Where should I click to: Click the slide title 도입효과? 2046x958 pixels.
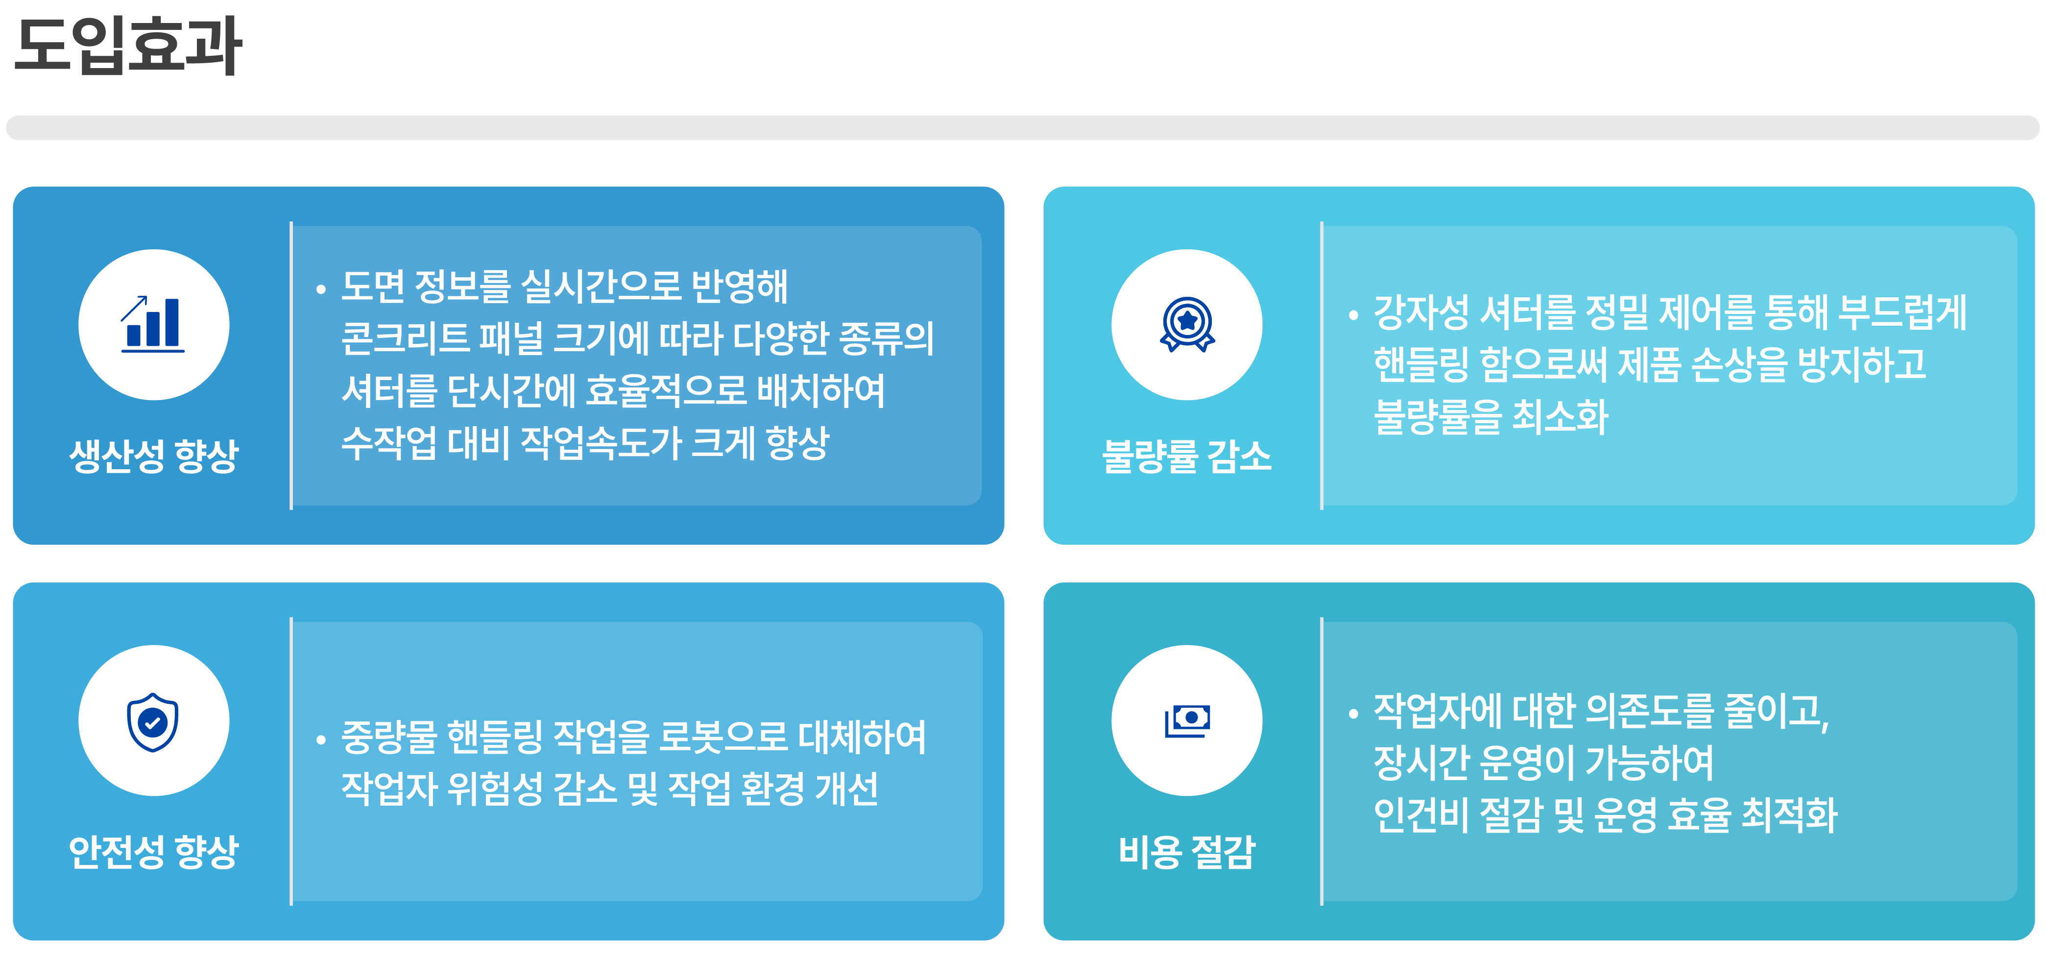coord(128,45)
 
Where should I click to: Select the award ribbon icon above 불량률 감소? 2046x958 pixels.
coord(1187,324)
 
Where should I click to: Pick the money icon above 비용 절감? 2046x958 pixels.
coord(1187,720)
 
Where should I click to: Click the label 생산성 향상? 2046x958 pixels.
coord(154,456)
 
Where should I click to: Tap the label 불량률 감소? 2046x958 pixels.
coord(1187,456)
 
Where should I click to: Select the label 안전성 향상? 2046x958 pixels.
coord(154,852)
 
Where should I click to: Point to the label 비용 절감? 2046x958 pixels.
coord(1187,852)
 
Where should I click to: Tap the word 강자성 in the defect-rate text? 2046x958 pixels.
coord(1421,311)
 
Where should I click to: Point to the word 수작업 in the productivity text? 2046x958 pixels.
coord(389,442)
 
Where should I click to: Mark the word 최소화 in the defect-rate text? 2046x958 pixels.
coord(1560,416)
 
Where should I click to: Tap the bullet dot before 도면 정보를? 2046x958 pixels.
coord(321,289)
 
